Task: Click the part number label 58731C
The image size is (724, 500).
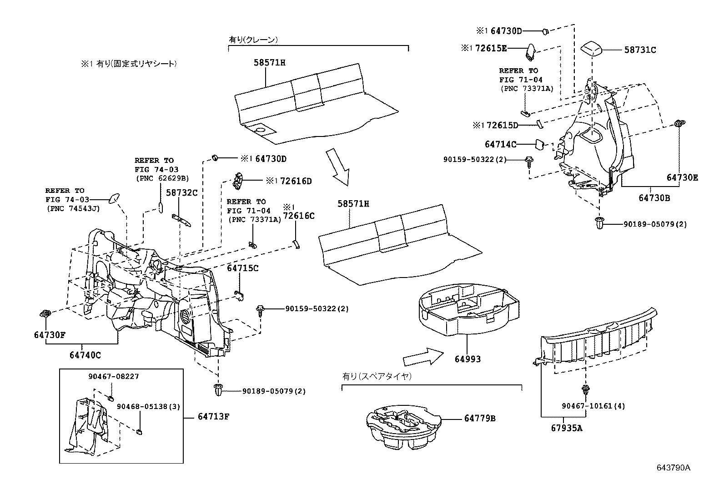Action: point(640,50)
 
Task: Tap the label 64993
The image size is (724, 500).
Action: point(468,359)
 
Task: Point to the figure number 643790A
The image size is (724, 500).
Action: point(673,468)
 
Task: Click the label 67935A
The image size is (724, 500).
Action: point(566,428)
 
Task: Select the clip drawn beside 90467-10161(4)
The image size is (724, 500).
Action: point(585,390)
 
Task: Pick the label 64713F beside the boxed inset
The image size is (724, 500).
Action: point(213,417)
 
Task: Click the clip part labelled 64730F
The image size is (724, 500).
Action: point(45,313)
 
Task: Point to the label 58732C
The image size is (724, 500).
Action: point(181,192)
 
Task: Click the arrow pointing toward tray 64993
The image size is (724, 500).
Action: point(422,357)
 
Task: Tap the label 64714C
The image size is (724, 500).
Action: point(501,145)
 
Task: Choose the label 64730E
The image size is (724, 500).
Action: point(682,178)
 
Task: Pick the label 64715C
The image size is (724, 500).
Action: point(242,268)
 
